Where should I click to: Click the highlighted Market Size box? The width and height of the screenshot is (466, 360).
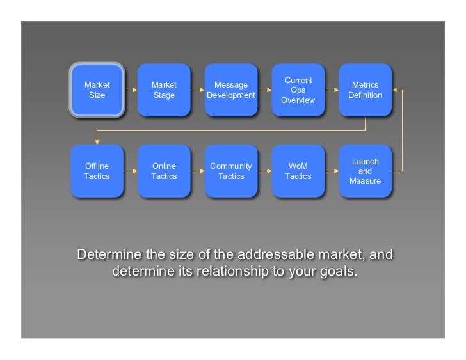click(97, 90)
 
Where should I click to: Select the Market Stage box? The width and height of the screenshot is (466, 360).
click(164, 90)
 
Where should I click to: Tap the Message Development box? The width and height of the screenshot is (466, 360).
click(231, 90)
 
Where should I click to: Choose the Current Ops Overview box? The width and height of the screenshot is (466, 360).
click(298, 90)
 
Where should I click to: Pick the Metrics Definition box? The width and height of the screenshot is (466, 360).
click(365, 90)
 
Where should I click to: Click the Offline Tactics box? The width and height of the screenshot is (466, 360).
click(97, 171)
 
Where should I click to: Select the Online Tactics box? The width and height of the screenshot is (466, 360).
click(164, 171)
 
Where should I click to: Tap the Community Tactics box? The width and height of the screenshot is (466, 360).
click(231, 171)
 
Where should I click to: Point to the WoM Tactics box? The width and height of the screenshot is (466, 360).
click(298, 171)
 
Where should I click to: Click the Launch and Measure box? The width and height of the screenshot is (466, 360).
click(365, 171)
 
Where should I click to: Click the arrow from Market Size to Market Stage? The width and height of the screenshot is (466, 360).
click(131, 90)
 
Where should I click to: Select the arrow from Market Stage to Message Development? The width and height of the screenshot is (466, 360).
click(198, 90)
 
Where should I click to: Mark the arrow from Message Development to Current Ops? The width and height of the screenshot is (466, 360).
click(265, 90)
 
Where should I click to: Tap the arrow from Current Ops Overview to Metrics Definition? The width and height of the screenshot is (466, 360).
click(332, 90)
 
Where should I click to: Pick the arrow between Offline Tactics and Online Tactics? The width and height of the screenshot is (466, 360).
click(131, 171)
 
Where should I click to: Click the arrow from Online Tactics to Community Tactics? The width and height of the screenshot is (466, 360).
click(198, 171)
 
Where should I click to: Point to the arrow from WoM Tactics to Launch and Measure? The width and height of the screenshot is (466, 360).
click(332, 171)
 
